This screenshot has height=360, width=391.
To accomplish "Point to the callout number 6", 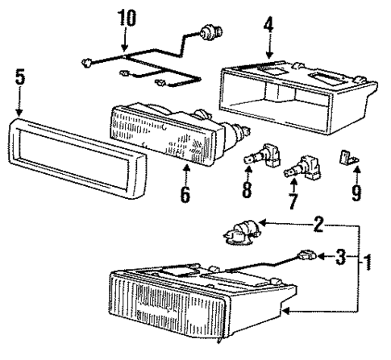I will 185,195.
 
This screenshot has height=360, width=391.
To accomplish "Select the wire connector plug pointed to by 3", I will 306,258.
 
